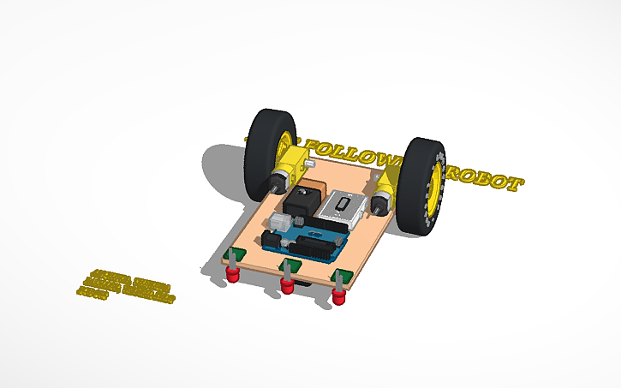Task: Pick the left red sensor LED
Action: pyautogui.click(x=232, y=273)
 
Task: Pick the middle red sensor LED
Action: pyautogui.click(x=287, y=284)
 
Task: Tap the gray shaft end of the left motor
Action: pyautogui.click(x=278, y=182)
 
